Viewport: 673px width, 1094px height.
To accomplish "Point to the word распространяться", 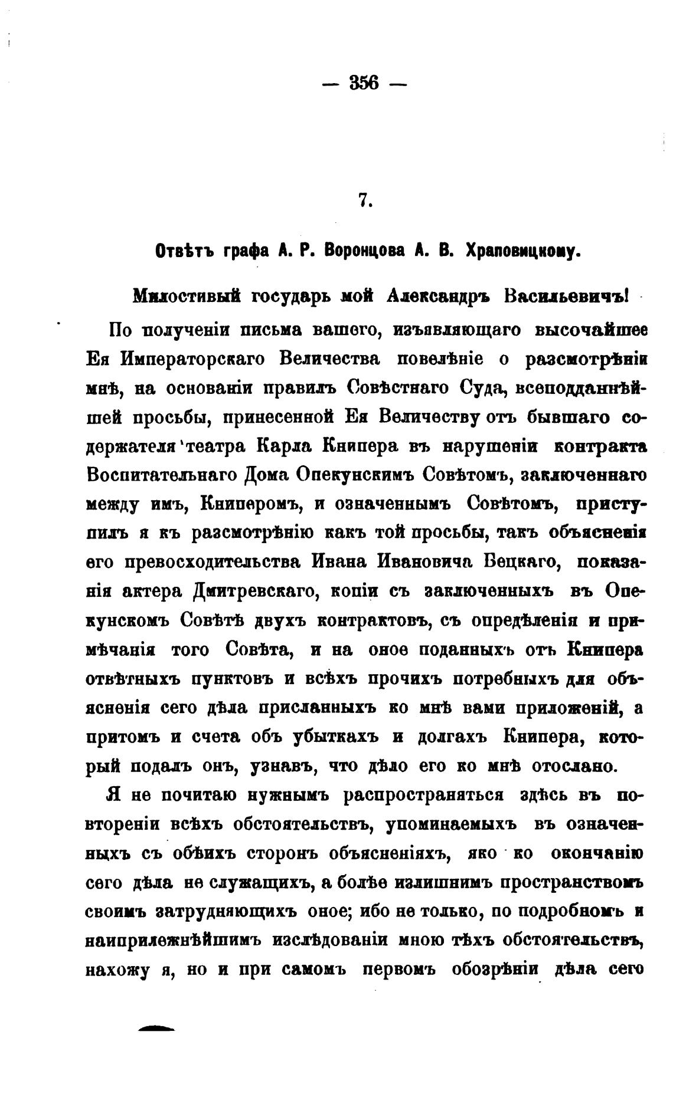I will [x=423, y=795].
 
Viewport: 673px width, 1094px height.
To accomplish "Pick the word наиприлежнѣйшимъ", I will [x=173, y=940].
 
